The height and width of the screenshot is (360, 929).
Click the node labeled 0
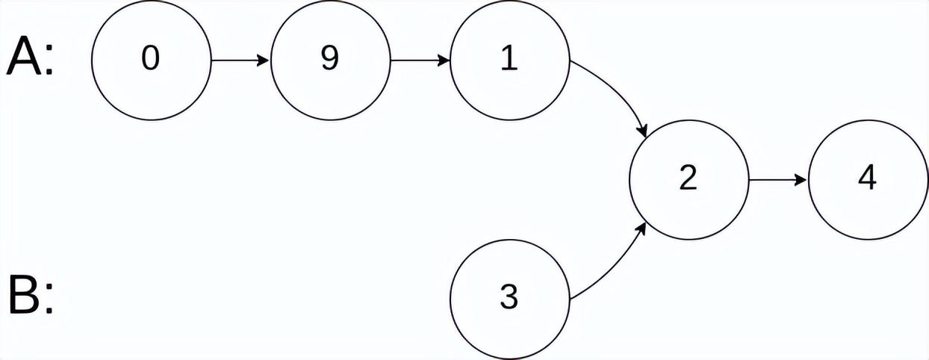[152, 60]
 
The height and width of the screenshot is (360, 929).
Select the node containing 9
[331, 60]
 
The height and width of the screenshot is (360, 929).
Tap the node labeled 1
[510, 60]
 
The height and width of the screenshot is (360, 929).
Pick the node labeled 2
[689, 180]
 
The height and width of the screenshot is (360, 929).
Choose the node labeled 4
[868, 180]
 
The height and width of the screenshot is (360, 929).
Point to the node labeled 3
[510, 300]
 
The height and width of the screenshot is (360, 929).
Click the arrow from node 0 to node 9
[240, 60]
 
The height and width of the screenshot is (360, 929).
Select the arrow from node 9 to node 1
[420, 60]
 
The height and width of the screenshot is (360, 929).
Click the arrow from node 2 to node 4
[778, 180]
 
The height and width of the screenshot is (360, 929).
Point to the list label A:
[30, 56]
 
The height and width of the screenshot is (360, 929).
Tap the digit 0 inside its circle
[151, 58]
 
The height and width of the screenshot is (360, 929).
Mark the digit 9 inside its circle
[330, 58]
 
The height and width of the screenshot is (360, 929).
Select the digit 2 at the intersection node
[689, 178]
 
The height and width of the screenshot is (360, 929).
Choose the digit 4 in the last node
[868, 178]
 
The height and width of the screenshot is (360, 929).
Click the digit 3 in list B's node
[509, 297]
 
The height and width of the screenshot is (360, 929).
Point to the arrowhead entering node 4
[801, 180]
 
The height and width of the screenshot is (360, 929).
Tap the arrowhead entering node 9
[264, 60]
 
